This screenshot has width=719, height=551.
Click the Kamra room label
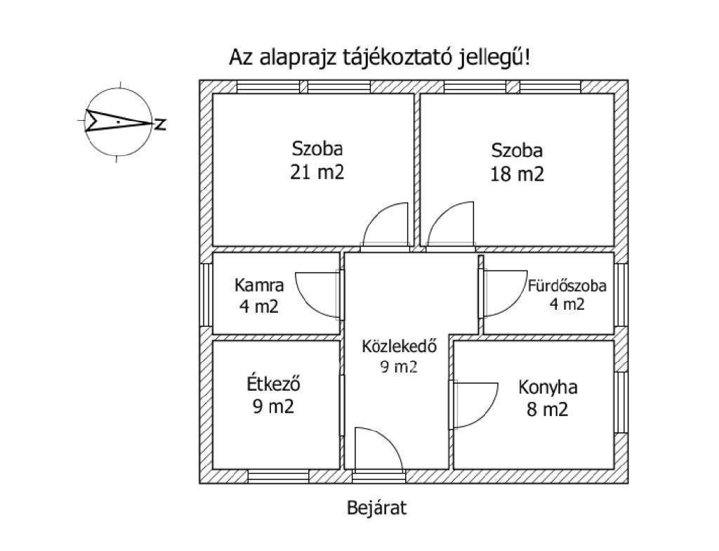pyautogui.click(x=259, y=285)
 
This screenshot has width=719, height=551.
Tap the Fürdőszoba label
pyautogui.click(x=567, y=285)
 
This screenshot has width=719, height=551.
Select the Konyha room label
pyautogui.click(x=548, y=387)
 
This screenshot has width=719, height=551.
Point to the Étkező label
pyautogui.click(x=273, y=384)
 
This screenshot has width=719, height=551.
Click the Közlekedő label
pyautogui.click(x=399, y=346)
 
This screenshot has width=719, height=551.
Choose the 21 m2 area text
pyautogui.click(x=317, y=173)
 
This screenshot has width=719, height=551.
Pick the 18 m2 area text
pyautogui.click(x=517, y=174)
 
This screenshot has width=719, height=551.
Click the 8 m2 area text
pyautogui.click(x=547, y=408)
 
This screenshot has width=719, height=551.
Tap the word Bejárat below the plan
pyautogui.click(x=376, y=508)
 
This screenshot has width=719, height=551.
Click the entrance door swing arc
pyautogui.click(x=387, y=436)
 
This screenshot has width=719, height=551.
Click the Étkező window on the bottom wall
pyautogui.click(x=278, y=477)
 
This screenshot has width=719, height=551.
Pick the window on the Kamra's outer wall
pyautogui.click(x=206, y=294)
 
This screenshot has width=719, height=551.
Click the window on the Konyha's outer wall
pyautogui.click(x=621, y=402)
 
